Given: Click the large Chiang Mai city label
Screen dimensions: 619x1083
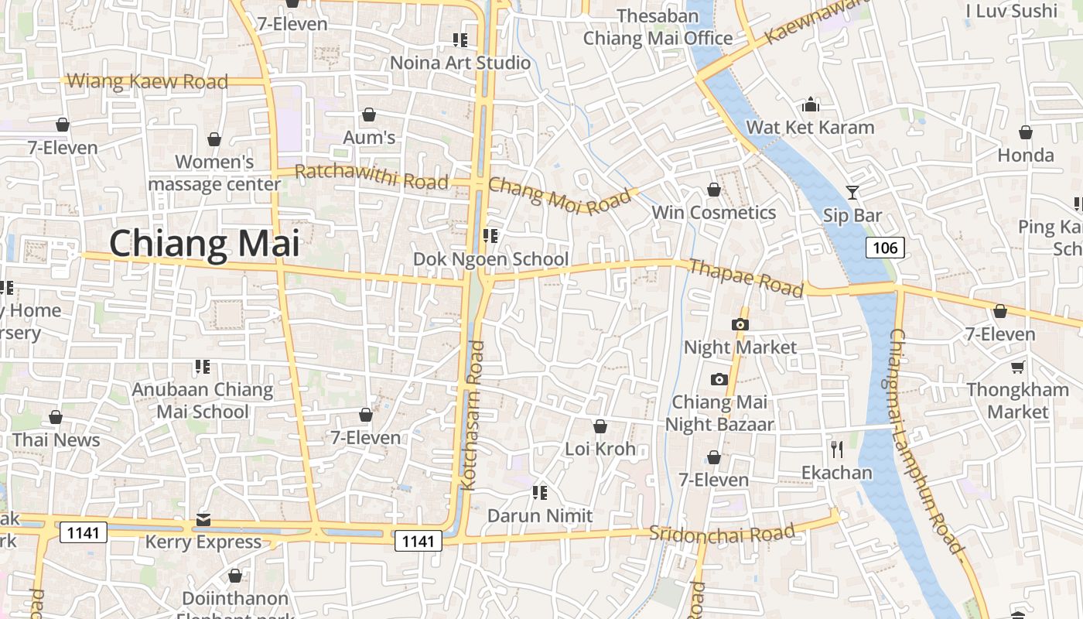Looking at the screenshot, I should click(x=204, y=243).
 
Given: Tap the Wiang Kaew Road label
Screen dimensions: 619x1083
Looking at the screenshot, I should click(x=148, y=81).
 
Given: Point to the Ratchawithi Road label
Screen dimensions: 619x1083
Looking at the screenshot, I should click(x=371, y=176).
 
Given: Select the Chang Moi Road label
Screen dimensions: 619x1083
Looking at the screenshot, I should click(x=559, y=195).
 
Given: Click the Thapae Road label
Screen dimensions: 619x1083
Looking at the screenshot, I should click(x=746, y=278).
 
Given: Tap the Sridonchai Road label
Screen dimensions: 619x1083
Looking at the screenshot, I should click(x=722, y=532).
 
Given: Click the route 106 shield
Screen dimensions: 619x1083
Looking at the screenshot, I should click(x=884, y=248).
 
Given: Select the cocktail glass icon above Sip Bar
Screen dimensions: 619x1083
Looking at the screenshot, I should click(x=852, y=192).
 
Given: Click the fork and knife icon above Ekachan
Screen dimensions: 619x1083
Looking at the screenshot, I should click(x=836, y=450).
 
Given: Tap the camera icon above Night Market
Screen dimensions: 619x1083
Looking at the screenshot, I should click(x=740, y=324).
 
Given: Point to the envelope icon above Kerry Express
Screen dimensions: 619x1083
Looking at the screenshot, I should click(x=203, y=519).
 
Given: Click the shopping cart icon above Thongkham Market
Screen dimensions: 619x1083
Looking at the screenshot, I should click(x=1017, y=367).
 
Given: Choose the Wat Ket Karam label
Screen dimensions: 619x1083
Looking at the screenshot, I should click(x=810, y=128).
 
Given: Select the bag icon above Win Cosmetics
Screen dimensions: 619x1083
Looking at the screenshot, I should click(x=714, y=190).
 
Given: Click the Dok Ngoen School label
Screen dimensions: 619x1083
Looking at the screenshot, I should click(x=490, y=259).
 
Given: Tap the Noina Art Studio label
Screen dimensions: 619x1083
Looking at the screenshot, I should click(x=460, y=63).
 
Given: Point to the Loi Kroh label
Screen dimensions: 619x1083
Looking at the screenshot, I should click(x=600, y=449).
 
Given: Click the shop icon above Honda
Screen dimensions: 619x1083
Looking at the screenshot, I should click(x=1026, y=132).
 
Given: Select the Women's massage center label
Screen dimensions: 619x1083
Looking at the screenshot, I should click(x=214, y=173).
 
